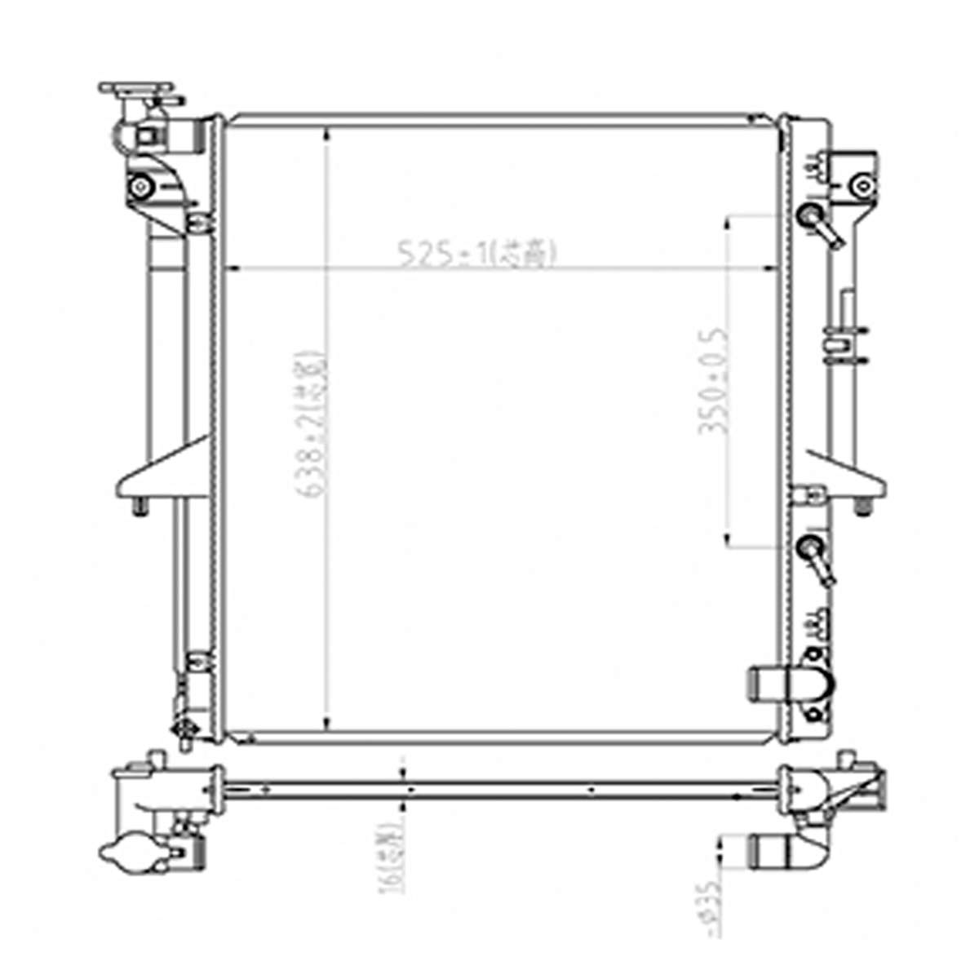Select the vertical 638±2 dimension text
click(312, 424)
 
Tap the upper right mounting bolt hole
click(859, 185)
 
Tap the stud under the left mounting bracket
click(140, 507)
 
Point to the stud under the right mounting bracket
click(862, 507)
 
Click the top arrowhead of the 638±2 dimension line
click(326, 134)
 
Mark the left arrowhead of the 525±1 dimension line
click(232, 268)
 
